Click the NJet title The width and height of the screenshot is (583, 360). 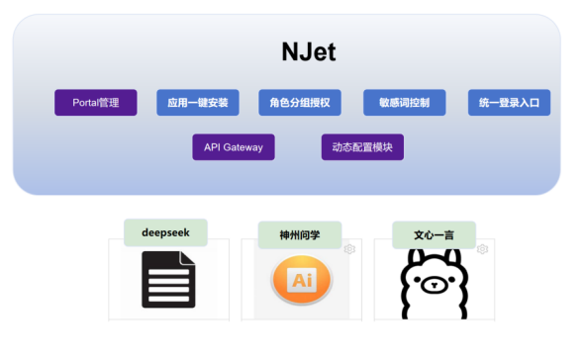[309, 51]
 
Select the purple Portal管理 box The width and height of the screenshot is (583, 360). [96, 103]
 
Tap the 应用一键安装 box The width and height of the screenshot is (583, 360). [198, 103]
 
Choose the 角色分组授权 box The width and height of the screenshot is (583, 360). [300, 103]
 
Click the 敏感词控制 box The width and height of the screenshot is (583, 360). [405, 103]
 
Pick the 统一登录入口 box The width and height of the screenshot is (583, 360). [509, 103]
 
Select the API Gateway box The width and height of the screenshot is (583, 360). [234, 147]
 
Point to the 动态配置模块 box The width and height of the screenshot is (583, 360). [362, 147]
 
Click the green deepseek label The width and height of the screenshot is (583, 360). [165, 232]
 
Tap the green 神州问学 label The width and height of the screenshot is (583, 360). [300, 235]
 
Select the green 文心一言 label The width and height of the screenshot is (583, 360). [434, 235]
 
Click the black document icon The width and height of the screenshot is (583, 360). [168, 279]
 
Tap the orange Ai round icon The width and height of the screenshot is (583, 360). [302, 280]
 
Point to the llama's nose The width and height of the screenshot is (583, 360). [434, 285]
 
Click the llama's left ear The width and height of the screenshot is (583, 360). [414, 257]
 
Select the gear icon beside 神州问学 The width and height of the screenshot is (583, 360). [349, 249]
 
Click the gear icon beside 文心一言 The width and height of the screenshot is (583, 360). [482, 249]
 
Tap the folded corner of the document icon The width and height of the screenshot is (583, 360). [188, 257]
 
